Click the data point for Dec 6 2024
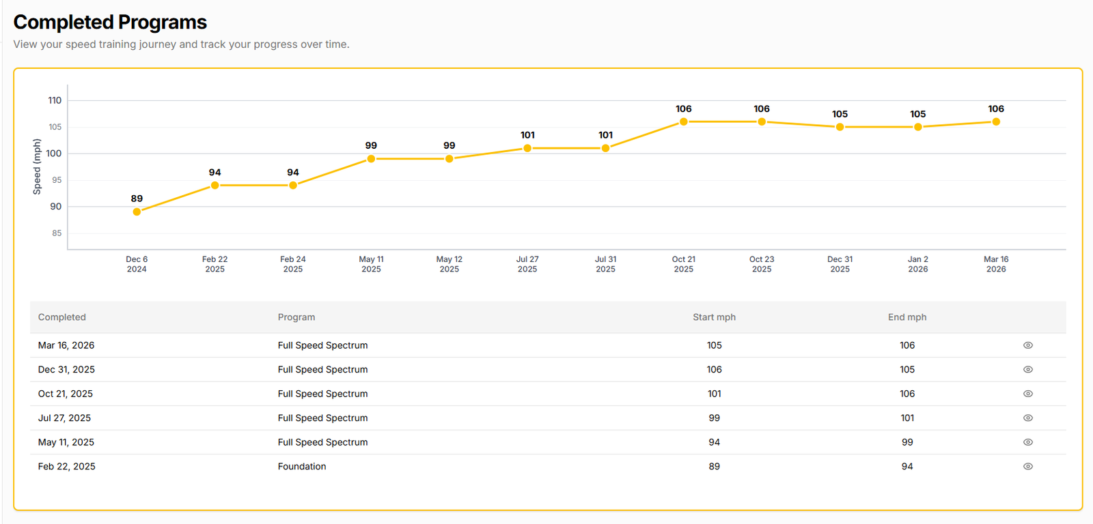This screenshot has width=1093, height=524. [137, 212]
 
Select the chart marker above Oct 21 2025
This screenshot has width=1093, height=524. [683, 121]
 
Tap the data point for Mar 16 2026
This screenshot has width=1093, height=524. [996, 121]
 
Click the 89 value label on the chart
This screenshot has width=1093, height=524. [137, 199]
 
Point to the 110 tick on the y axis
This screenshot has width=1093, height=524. [55, 100]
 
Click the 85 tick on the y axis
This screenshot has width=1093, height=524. [57, 233]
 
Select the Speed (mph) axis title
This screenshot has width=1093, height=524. [37, 166]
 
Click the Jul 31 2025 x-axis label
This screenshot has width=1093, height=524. [605, 264]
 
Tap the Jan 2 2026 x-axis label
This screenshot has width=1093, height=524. [917, 264]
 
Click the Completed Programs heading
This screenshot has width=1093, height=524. [110, 22]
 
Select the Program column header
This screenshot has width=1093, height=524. [296, 317]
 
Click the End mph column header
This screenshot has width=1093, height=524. [907, 317]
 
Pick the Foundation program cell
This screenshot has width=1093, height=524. [302, 467]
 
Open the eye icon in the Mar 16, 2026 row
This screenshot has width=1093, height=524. [1027, 345]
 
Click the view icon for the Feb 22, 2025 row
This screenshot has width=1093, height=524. [1027, 467]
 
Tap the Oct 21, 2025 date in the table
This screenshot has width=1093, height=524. [66, 394]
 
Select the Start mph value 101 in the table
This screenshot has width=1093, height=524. [714, 394]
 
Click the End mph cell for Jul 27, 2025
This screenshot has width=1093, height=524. [907, 418]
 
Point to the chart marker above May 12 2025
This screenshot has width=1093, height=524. [449, 158]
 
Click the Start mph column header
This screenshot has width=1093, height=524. [714, 317]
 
